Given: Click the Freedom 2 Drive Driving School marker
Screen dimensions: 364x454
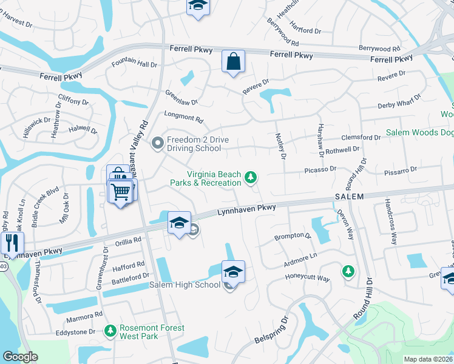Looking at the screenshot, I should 157,144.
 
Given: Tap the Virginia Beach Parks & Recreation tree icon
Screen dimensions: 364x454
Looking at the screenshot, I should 250,178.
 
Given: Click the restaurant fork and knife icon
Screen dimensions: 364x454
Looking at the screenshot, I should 12,243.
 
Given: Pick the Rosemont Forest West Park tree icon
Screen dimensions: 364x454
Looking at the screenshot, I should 110,331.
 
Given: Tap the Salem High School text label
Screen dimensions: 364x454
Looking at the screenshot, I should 185,285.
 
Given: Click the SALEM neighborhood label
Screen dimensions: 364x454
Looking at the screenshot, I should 348,197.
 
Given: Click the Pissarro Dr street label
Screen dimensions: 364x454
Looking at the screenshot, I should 400,172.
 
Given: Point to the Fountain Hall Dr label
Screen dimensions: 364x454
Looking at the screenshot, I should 134,64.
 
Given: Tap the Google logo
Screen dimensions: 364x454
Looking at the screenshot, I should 20,357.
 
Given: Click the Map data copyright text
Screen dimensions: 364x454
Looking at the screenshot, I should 428,359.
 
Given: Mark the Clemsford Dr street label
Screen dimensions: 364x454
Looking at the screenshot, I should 361,138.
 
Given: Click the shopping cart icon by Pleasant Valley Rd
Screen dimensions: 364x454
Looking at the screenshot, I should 121,192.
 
